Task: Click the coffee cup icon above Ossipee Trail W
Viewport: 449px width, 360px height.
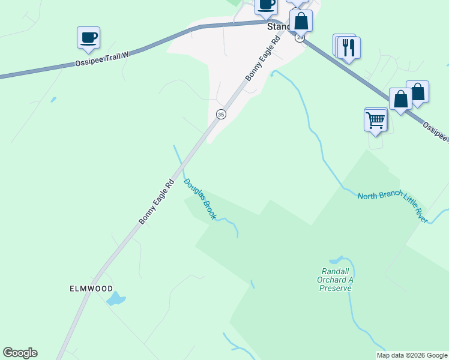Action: tap(89, 37)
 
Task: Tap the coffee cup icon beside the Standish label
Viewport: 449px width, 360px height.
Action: tap(266, 5)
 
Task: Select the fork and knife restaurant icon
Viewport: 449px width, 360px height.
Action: tap(349, 47)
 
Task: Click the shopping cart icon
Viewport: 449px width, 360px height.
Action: tap(376, 120)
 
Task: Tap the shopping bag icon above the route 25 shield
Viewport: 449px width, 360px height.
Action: tap(301, 21)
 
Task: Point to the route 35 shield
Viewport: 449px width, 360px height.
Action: tap(221, 114)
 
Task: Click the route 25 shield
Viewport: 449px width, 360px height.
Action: tap(300, 37)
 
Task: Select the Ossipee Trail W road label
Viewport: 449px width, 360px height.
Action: tap(103, 59)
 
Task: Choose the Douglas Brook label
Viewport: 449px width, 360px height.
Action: tap(200, 199)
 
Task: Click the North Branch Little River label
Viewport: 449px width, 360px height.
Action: tap(393, 207)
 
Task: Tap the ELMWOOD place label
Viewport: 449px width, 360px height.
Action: tap(91, 288)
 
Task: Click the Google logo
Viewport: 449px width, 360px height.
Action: tap(20, 353)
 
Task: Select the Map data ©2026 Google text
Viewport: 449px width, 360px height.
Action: tap(412, 355)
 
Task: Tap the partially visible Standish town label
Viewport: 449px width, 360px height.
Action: tap(278, 27)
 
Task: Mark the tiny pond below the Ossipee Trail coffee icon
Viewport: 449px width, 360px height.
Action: tap(53, 100)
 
